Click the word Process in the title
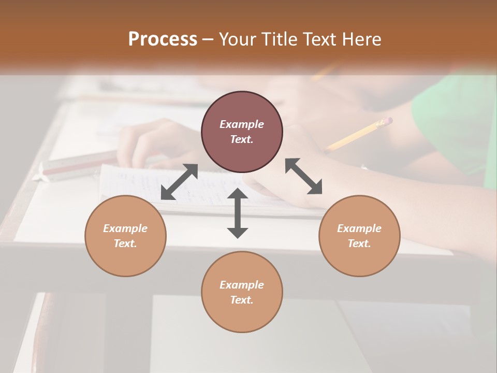coord(163,39)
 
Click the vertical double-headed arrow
coord(238,213)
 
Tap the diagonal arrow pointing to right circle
coord(304,177)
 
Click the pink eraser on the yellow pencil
coord(387,122)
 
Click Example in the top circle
coord(242,124)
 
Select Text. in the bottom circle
coord(242,300)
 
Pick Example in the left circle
coord(125,228)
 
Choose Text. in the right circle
coord(359,243)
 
